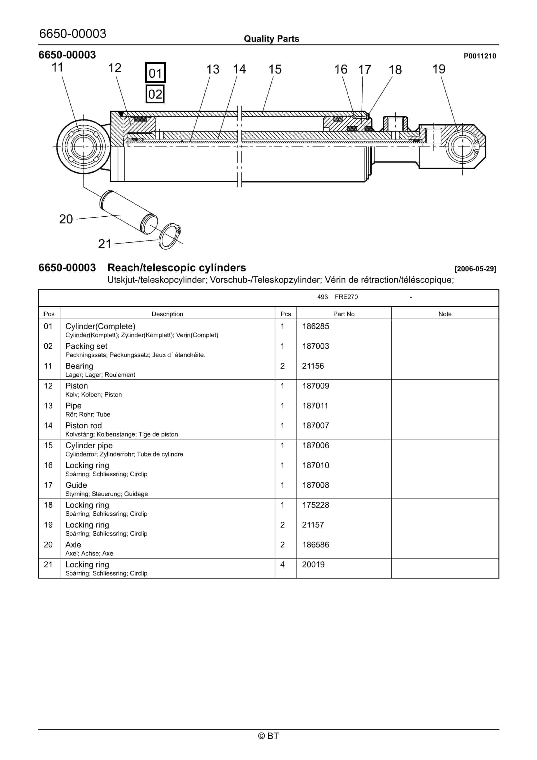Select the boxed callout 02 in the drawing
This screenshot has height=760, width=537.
pos(155,94)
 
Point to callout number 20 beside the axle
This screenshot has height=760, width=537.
pos(66,219)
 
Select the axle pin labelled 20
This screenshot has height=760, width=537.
pos(128,212)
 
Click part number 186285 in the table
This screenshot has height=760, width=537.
pos(315,326)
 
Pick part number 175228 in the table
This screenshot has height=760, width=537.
pos(315,505)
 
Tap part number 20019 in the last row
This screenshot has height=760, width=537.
pos(313,565)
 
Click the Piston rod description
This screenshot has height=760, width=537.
pos(83,426)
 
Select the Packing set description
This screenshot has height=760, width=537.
pos(86,346)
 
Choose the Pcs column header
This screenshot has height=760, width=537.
pos(286,314)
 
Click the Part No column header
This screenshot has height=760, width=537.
pos(344,314)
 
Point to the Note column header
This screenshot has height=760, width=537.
pos(445,314)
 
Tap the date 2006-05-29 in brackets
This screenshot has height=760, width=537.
pos(475,269)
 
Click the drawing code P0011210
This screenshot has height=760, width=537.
pos(480,56)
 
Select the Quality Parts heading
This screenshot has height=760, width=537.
pos(271,39)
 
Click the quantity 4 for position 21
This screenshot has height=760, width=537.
pos(282,565)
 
